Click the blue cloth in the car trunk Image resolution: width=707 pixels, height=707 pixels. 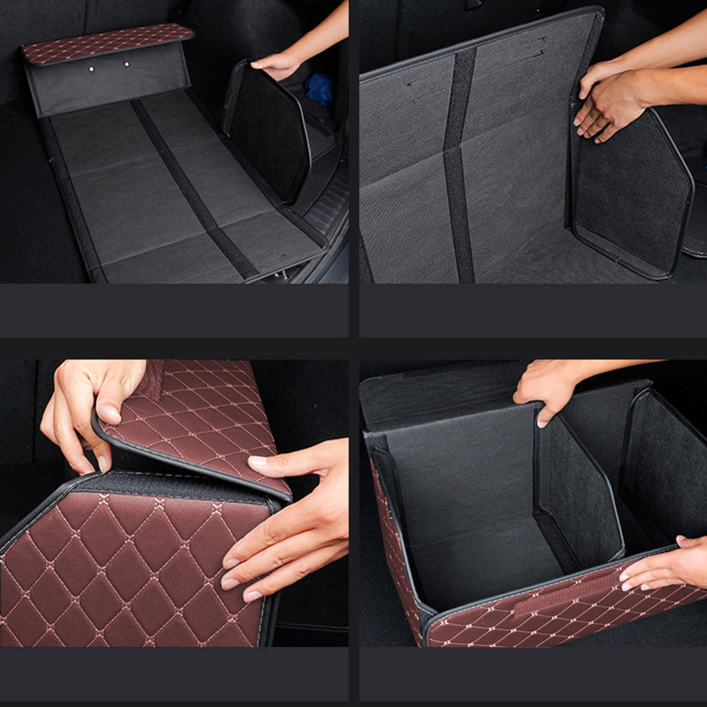coord(320,90)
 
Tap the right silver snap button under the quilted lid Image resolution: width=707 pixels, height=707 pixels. coord(127,64)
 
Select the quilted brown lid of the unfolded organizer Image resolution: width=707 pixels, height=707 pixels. coord(107,43)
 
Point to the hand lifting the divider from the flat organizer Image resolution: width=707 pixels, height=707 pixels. coord(278,64)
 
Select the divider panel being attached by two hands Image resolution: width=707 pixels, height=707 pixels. coord(632,190)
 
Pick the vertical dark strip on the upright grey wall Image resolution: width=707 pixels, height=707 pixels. coord(460,164)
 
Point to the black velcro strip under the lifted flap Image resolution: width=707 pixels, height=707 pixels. coord(177,484)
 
